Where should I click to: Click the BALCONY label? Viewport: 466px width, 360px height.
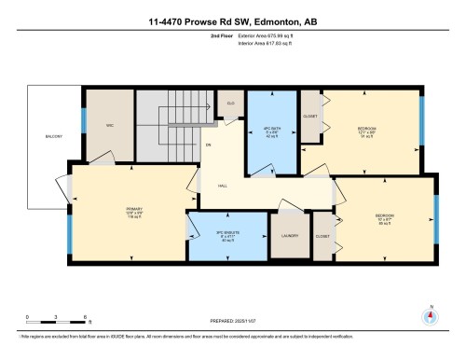click(53, 136)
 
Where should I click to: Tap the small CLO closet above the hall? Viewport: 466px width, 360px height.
click(230, 104)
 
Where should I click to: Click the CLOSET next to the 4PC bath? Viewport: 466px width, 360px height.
click(311, 117)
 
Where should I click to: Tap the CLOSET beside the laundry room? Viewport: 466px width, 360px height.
click(322, 237)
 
